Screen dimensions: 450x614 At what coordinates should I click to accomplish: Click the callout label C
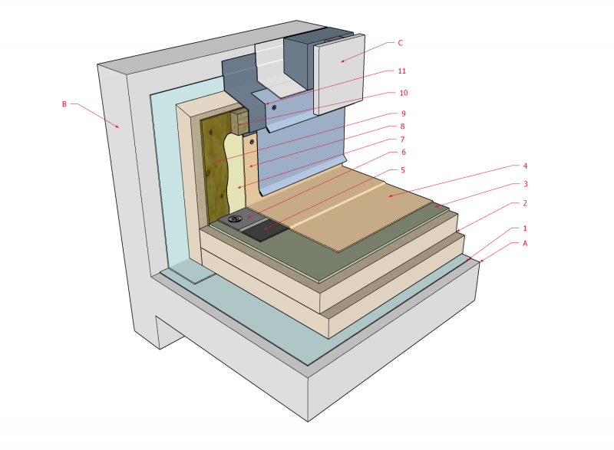click(x=400, y=43)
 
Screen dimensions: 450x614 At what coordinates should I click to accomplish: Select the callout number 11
click(x=401, y=71)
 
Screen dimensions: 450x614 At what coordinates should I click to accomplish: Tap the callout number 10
click(x=401, y=93)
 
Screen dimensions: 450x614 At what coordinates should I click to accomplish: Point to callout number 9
click(x=402, y=115)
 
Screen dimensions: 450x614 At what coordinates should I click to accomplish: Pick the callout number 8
click(x=402, y=126)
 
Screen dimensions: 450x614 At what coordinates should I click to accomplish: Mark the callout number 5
click(x=402, y=169)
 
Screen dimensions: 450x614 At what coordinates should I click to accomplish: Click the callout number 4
click(x=525, y=165)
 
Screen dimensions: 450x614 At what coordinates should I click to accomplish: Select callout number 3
click(x=525, y=184)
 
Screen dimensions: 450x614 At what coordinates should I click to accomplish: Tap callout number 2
click(x=525, y=203)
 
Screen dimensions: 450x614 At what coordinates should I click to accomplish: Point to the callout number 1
click(x=525, y=228)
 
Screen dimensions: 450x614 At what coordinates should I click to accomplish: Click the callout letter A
click(x=525, y=244)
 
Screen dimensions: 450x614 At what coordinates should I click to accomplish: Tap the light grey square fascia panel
click(x=340, y=73)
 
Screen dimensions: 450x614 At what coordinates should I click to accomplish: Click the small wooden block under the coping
click(x=239, y=121)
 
